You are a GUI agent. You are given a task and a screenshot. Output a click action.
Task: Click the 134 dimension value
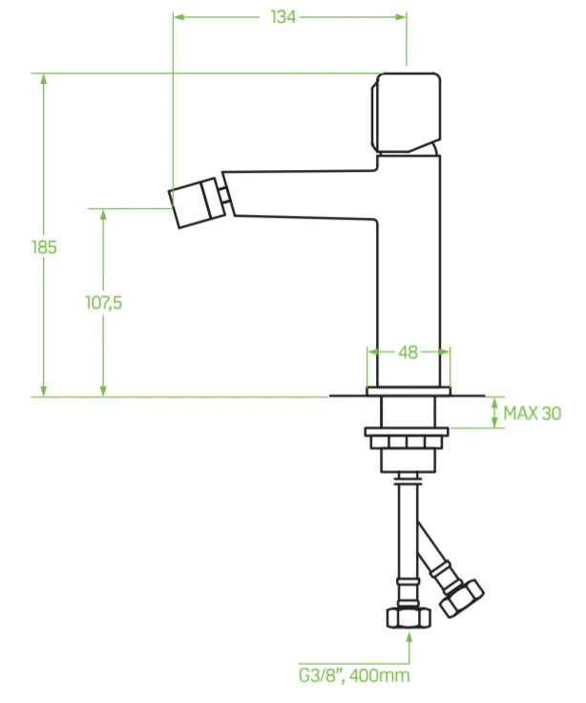(x=283, y=17)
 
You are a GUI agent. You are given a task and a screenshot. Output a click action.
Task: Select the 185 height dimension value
(x=44, y=247)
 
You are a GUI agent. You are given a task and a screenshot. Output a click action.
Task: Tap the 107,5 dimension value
(x=103, y=303)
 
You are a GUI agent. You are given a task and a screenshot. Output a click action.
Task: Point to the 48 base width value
(x=408, y=352)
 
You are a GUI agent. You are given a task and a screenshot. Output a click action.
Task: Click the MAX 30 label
(x=533, y=414)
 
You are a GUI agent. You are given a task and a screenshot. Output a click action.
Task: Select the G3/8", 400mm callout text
(x=354, y=675)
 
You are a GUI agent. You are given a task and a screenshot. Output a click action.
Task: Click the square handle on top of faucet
(x=406, y=113)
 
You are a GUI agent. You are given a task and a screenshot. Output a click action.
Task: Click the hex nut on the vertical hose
(x=408, y=617)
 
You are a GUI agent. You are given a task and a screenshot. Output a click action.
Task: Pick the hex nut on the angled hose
(x=462, y=598)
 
